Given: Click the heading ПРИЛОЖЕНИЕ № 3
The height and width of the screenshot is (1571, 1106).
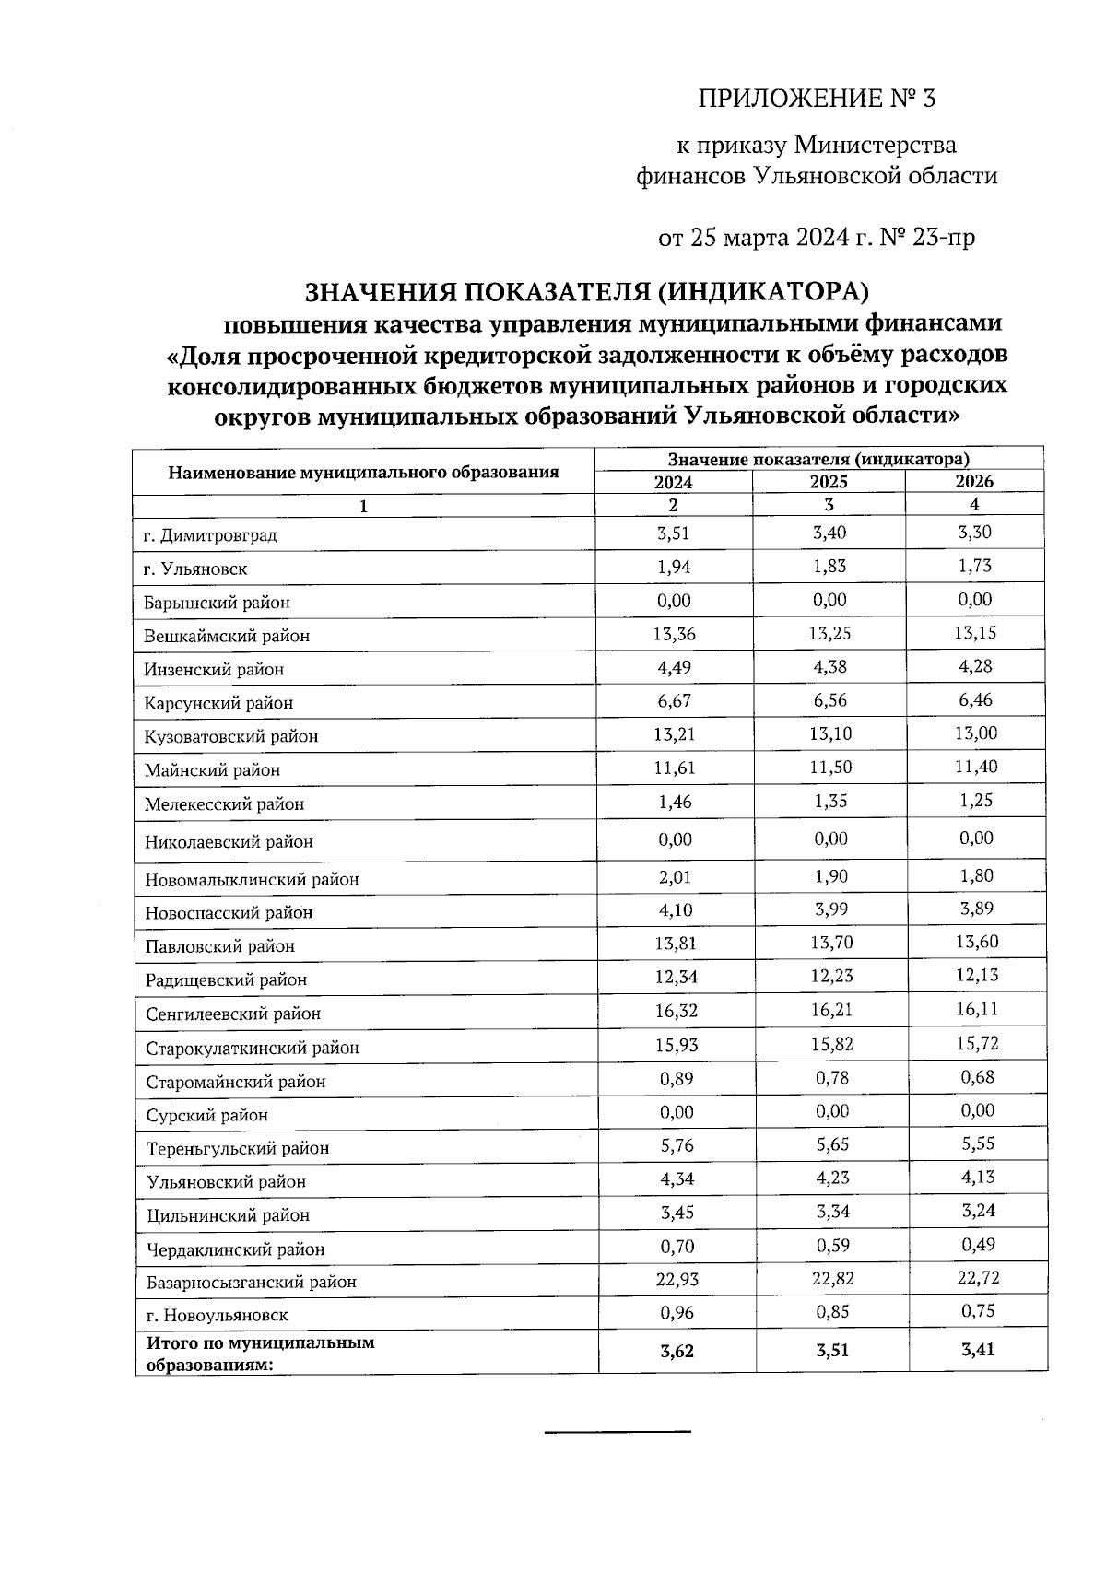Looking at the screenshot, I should [817, 99].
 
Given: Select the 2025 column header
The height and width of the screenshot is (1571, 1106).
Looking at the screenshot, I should [829, 482].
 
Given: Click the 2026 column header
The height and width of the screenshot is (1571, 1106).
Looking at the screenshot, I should [974, 481].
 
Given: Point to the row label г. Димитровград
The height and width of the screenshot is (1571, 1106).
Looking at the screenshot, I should [210, 535].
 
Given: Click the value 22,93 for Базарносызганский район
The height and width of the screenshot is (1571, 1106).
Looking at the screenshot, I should [676, 1279].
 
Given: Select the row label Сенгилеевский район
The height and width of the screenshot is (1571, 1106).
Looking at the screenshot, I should [233, 1014].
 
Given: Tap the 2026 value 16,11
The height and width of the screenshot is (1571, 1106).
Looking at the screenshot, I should [977, 1009].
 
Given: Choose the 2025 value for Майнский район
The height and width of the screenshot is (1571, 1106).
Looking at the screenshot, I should [830, 768].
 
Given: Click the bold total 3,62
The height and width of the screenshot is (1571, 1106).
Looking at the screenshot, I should [677, 1352].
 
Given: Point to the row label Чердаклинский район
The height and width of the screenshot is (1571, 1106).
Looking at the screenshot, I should [236, 1249].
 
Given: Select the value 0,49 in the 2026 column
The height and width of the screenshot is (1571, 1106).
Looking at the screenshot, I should [977, 1245].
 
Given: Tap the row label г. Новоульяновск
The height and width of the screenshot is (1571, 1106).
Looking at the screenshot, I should [217, 1316].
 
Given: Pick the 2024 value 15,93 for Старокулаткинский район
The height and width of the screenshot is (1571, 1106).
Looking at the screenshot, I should [676, 1045].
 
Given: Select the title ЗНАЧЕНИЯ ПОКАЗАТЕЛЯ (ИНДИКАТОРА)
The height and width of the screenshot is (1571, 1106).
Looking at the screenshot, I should [587, 292].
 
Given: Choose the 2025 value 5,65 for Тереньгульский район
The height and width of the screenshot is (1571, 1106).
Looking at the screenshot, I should [831, 1145].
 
